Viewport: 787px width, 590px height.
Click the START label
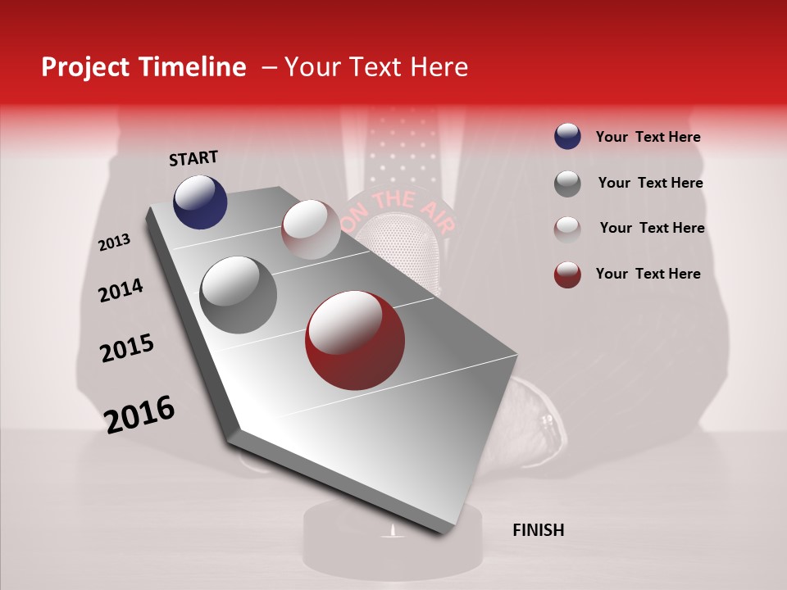click(193, 158)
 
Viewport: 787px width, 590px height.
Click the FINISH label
click(538, 530)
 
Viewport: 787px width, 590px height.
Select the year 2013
click(114, 243)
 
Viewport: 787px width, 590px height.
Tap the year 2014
click(121, 290)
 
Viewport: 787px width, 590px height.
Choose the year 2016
click(139, 415)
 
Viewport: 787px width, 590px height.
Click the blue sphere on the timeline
click(200, 202)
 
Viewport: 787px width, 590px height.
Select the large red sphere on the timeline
click(354, 340)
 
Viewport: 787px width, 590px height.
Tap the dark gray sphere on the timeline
click(238, 295)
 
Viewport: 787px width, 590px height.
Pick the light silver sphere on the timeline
click(310, 229)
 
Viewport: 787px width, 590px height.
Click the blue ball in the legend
click(567, 137)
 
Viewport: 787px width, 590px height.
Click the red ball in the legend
click(567, 275)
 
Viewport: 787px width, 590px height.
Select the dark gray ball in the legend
click(567, 184)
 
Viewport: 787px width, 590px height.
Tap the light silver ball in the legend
click(567, 229)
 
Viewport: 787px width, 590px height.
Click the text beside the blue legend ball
click(648, 138)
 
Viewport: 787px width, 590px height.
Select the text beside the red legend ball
click(648, 274)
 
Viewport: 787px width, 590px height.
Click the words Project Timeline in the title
click(143, 67)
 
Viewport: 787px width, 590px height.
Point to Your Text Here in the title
click(375, 67)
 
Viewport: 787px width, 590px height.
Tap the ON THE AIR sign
click(391, 205)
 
